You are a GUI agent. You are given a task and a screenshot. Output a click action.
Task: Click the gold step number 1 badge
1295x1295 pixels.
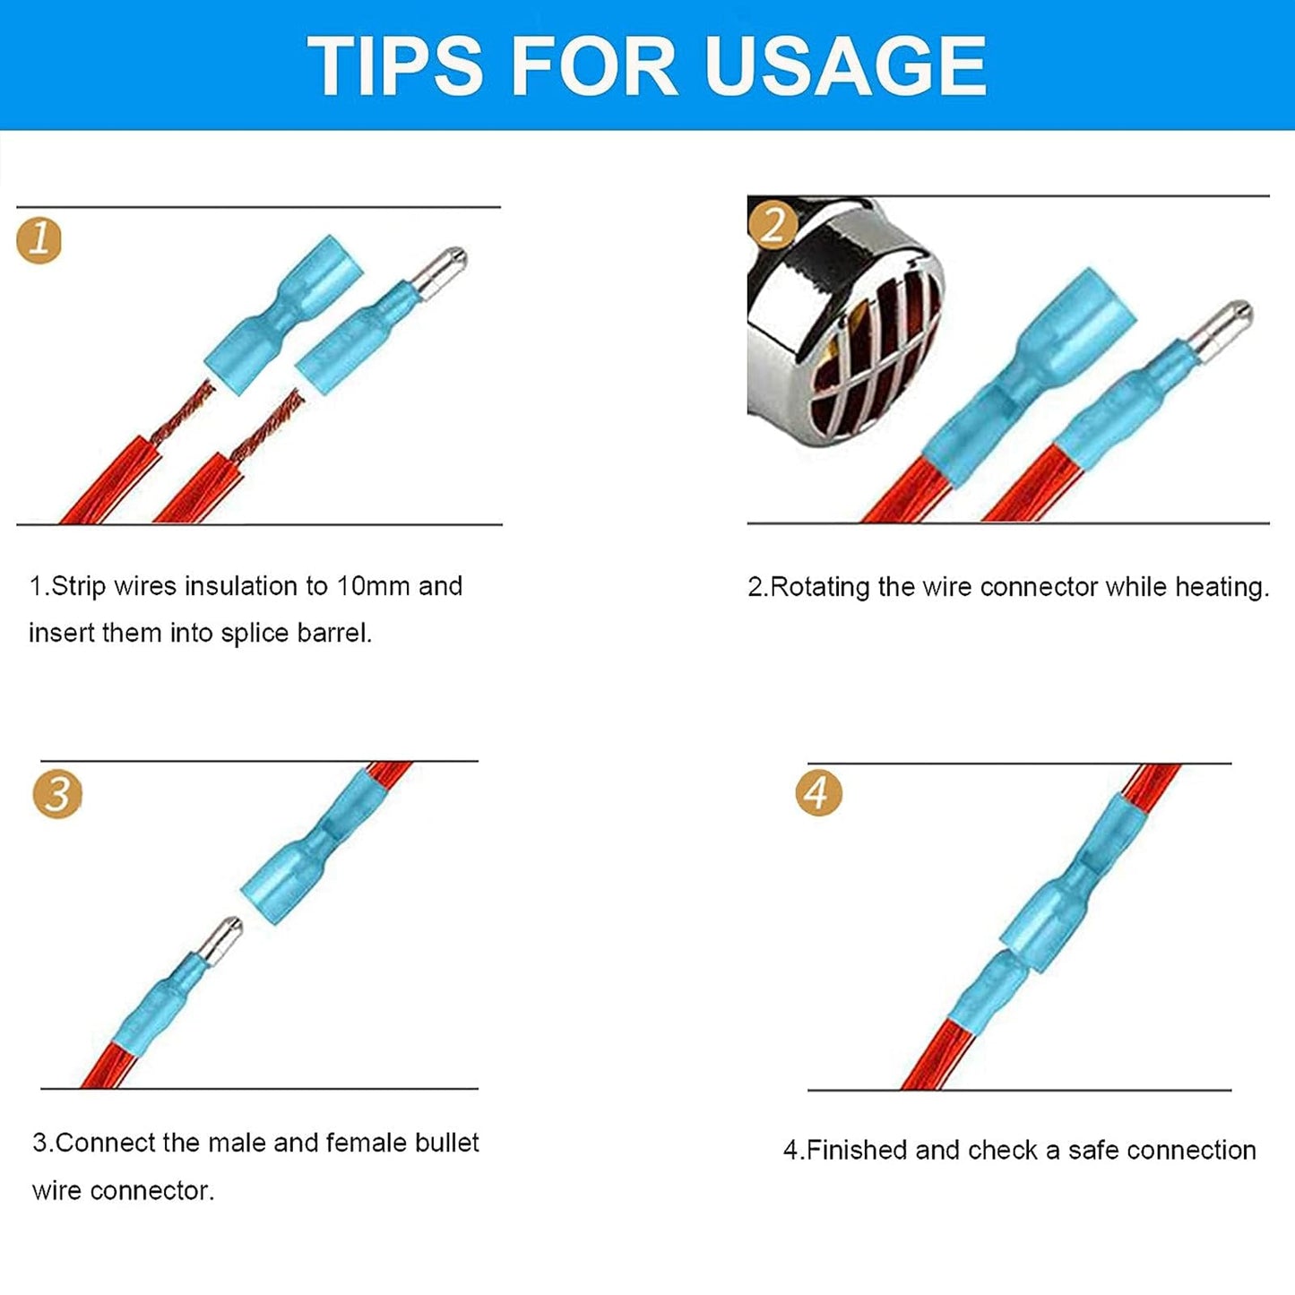pos(39,240)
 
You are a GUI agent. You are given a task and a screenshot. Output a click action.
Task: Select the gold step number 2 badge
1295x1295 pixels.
pos(773,224)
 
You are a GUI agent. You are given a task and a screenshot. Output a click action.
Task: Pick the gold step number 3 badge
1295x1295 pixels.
pos(57,795)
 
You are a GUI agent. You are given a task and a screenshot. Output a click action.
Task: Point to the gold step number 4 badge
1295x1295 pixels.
pos(818,794)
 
